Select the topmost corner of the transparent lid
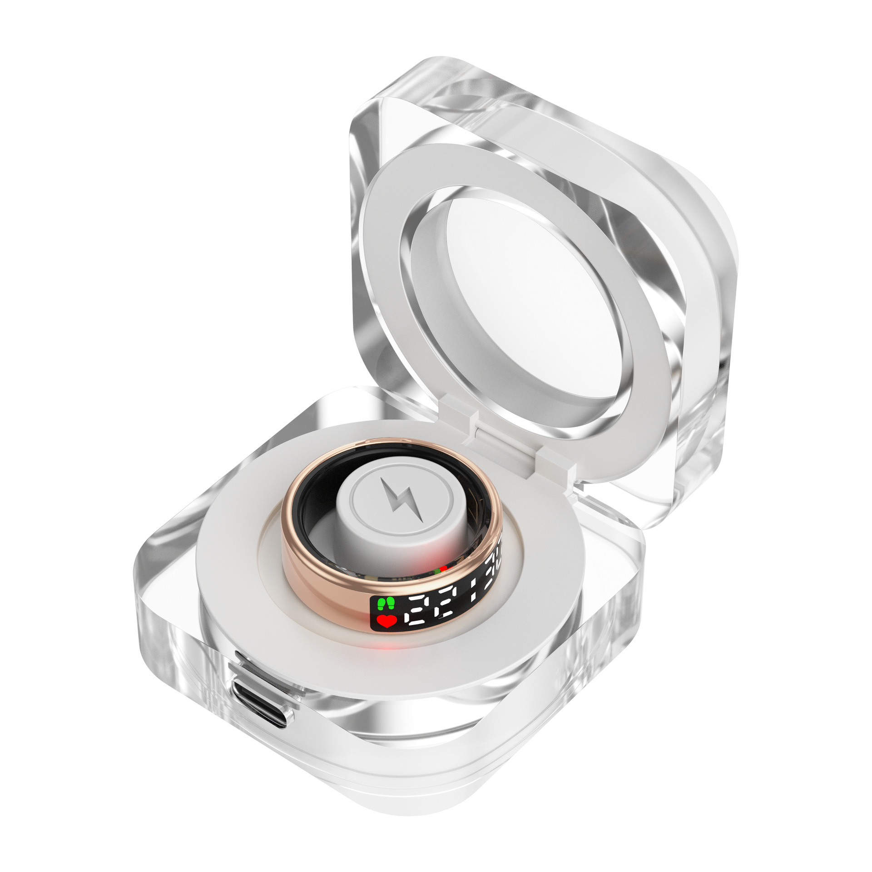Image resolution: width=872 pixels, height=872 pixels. point(436,61)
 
